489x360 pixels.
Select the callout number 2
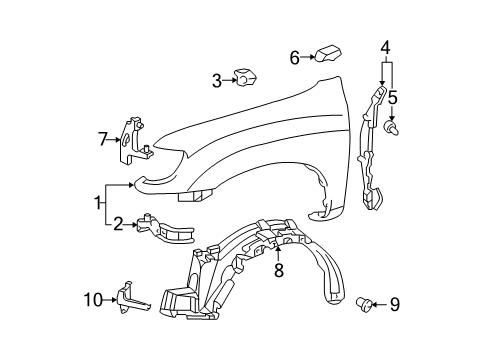tap(118, 224)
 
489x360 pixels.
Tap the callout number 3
tap(215, 80)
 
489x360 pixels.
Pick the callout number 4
tap(385, 47)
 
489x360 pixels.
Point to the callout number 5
tap(392, 99)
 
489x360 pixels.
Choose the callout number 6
tap(295, 57)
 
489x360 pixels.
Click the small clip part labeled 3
tap(244, 77)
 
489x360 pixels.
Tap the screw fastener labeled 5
tap(391, 127)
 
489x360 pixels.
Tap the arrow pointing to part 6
tap(309, 57)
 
